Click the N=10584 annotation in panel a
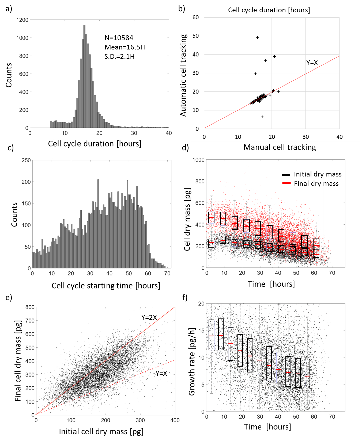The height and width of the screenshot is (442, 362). pos(119,38)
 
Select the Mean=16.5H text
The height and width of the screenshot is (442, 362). pos(125,47)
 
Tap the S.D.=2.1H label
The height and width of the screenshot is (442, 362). pos(119,57)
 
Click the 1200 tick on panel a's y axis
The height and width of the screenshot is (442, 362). pos(22,20)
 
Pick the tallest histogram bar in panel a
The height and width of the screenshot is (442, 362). pos(84,76)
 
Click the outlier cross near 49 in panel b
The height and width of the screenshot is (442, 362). pos(258,38)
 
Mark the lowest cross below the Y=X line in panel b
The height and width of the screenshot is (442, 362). pos(262,117)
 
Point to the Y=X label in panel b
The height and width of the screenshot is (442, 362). pos(312,63)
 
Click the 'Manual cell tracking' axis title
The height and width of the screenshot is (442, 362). pos(280,147)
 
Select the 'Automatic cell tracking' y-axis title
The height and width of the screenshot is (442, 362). pos(183,75)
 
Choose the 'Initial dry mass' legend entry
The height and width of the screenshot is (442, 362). pos(318,174)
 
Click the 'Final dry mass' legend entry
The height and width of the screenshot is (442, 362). pos(316,184)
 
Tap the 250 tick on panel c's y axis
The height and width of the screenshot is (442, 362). pos(26,160)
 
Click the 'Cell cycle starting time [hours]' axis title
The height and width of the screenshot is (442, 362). pos(106,286)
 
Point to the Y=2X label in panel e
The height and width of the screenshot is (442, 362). pos(149,318)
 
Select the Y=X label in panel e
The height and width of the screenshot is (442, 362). pos(161,374)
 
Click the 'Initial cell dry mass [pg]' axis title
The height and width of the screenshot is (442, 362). pos(101,432)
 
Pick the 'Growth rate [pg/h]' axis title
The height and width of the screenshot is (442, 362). pos(192,362)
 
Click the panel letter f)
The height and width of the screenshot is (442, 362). pos(185,297)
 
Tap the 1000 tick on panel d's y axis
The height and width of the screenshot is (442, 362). pos(198,160)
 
